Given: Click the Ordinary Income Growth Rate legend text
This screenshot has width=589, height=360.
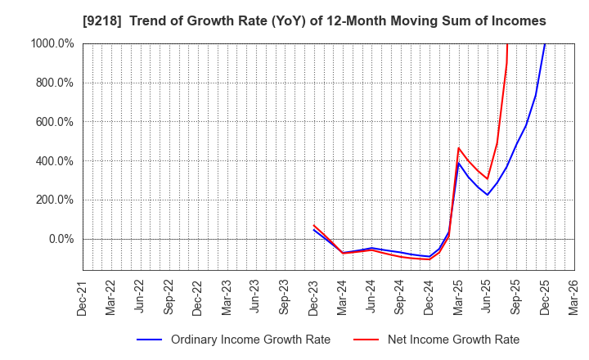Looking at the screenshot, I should (x=250, y=340).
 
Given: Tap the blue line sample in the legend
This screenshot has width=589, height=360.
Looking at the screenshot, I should (x=147, y=340).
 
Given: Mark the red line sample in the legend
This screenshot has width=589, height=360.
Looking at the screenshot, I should (x=366, y=340).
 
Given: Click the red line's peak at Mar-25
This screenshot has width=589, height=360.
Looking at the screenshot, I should (x=459, y=148).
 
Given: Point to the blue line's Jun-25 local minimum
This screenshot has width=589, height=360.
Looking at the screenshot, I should (x=488, y=195).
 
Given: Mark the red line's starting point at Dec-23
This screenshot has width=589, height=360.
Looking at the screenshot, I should (x=314, y=225).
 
